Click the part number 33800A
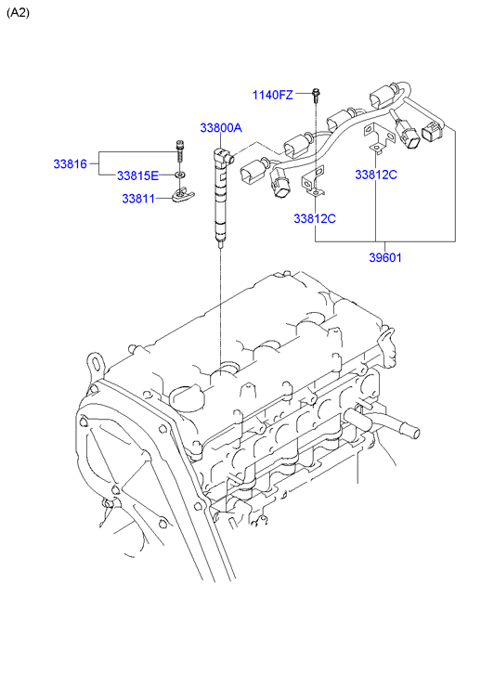click(x=221, y=128)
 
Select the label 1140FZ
click(x=272, y=95)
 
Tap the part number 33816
click(x=71, y=163)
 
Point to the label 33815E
click(x=137, y=175)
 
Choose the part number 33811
click(x=138, y=199)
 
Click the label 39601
click(x=385, y=257)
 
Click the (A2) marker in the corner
click(x=18, y=13)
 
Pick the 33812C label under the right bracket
click(x=376, y=175)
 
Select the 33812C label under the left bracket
click(x=315, y=219)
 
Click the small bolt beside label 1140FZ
click(x=317, y=96)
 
